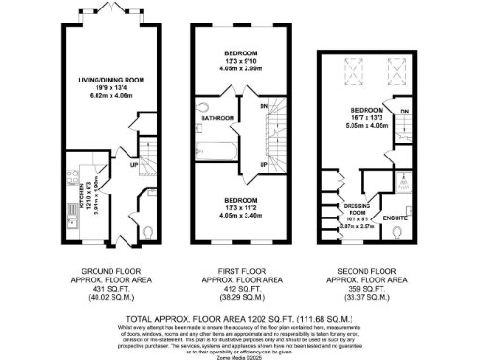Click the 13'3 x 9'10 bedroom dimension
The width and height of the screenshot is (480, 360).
coord(241,62)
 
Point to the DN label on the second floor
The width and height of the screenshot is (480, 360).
coord(405,113)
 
